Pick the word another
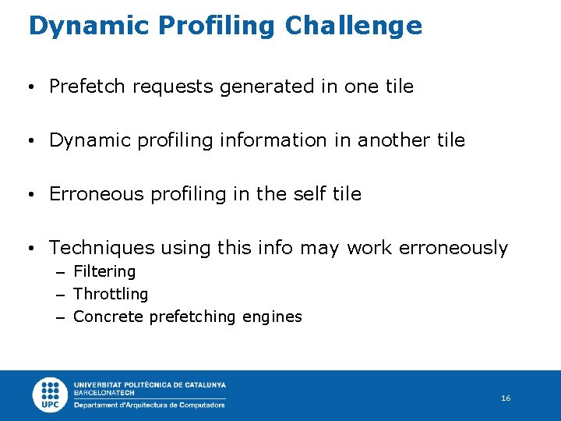pos(398,140)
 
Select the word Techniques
pos(102,248)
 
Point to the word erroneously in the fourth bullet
pos(453,248)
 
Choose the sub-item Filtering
pos(104,271)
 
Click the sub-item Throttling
pos(111,294)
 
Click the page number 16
pos(506,398)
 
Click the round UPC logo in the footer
pos(51,395)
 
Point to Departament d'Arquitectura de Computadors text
pos(149,405)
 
